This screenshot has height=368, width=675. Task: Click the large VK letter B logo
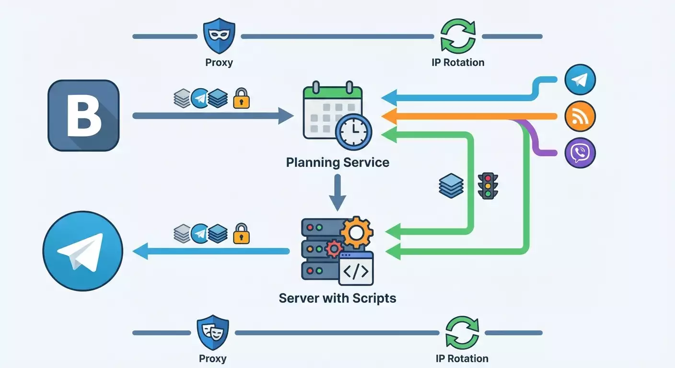pos(83,115)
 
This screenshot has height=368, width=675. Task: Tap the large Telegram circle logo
pos(83,251)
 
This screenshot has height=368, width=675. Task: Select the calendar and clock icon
pos(336,115)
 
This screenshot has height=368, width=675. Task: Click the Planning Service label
pos(337,162)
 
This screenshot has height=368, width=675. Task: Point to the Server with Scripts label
pos(337,298)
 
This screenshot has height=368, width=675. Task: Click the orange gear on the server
pos(356,233)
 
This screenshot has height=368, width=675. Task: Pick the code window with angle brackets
pos(356,269)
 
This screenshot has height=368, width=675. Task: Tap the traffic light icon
pos(488,186)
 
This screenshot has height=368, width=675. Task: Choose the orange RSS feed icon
pos(580,116)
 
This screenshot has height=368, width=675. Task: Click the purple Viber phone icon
pos(580,153)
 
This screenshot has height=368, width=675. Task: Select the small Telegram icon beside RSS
pos(580,80)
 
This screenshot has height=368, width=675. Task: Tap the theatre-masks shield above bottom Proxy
pos(213,332)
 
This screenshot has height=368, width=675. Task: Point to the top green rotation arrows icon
pos(458,36)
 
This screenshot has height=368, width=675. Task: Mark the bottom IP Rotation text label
pos(462,358)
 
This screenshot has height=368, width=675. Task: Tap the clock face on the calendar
pos(354,130)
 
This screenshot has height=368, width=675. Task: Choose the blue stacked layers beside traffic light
pos(451,186)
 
